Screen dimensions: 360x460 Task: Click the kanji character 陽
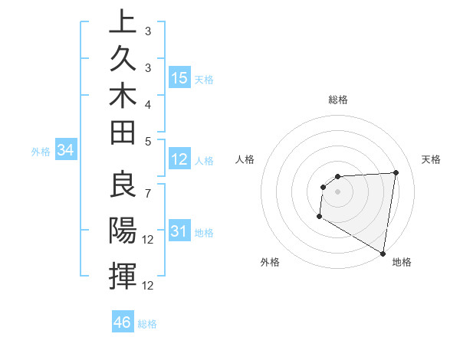click(123, 231)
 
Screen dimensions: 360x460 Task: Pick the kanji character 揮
click(123, 275)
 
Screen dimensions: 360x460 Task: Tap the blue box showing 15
click(179, 78)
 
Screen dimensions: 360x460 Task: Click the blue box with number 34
click(66, 151)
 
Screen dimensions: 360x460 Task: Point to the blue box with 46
click(123, 322)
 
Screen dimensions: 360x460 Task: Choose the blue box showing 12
click(179, 159)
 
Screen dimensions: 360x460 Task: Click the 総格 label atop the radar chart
click(338, 100)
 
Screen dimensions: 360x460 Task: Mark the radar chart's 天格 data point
click(396, 172)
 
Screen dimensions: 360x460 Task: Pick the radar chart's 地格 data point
click(383, 253)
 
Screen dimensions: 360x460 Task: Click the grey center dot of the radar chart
click(337, 191)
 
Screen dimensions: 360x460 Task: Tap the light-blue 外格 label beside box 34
click(41, 152)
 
